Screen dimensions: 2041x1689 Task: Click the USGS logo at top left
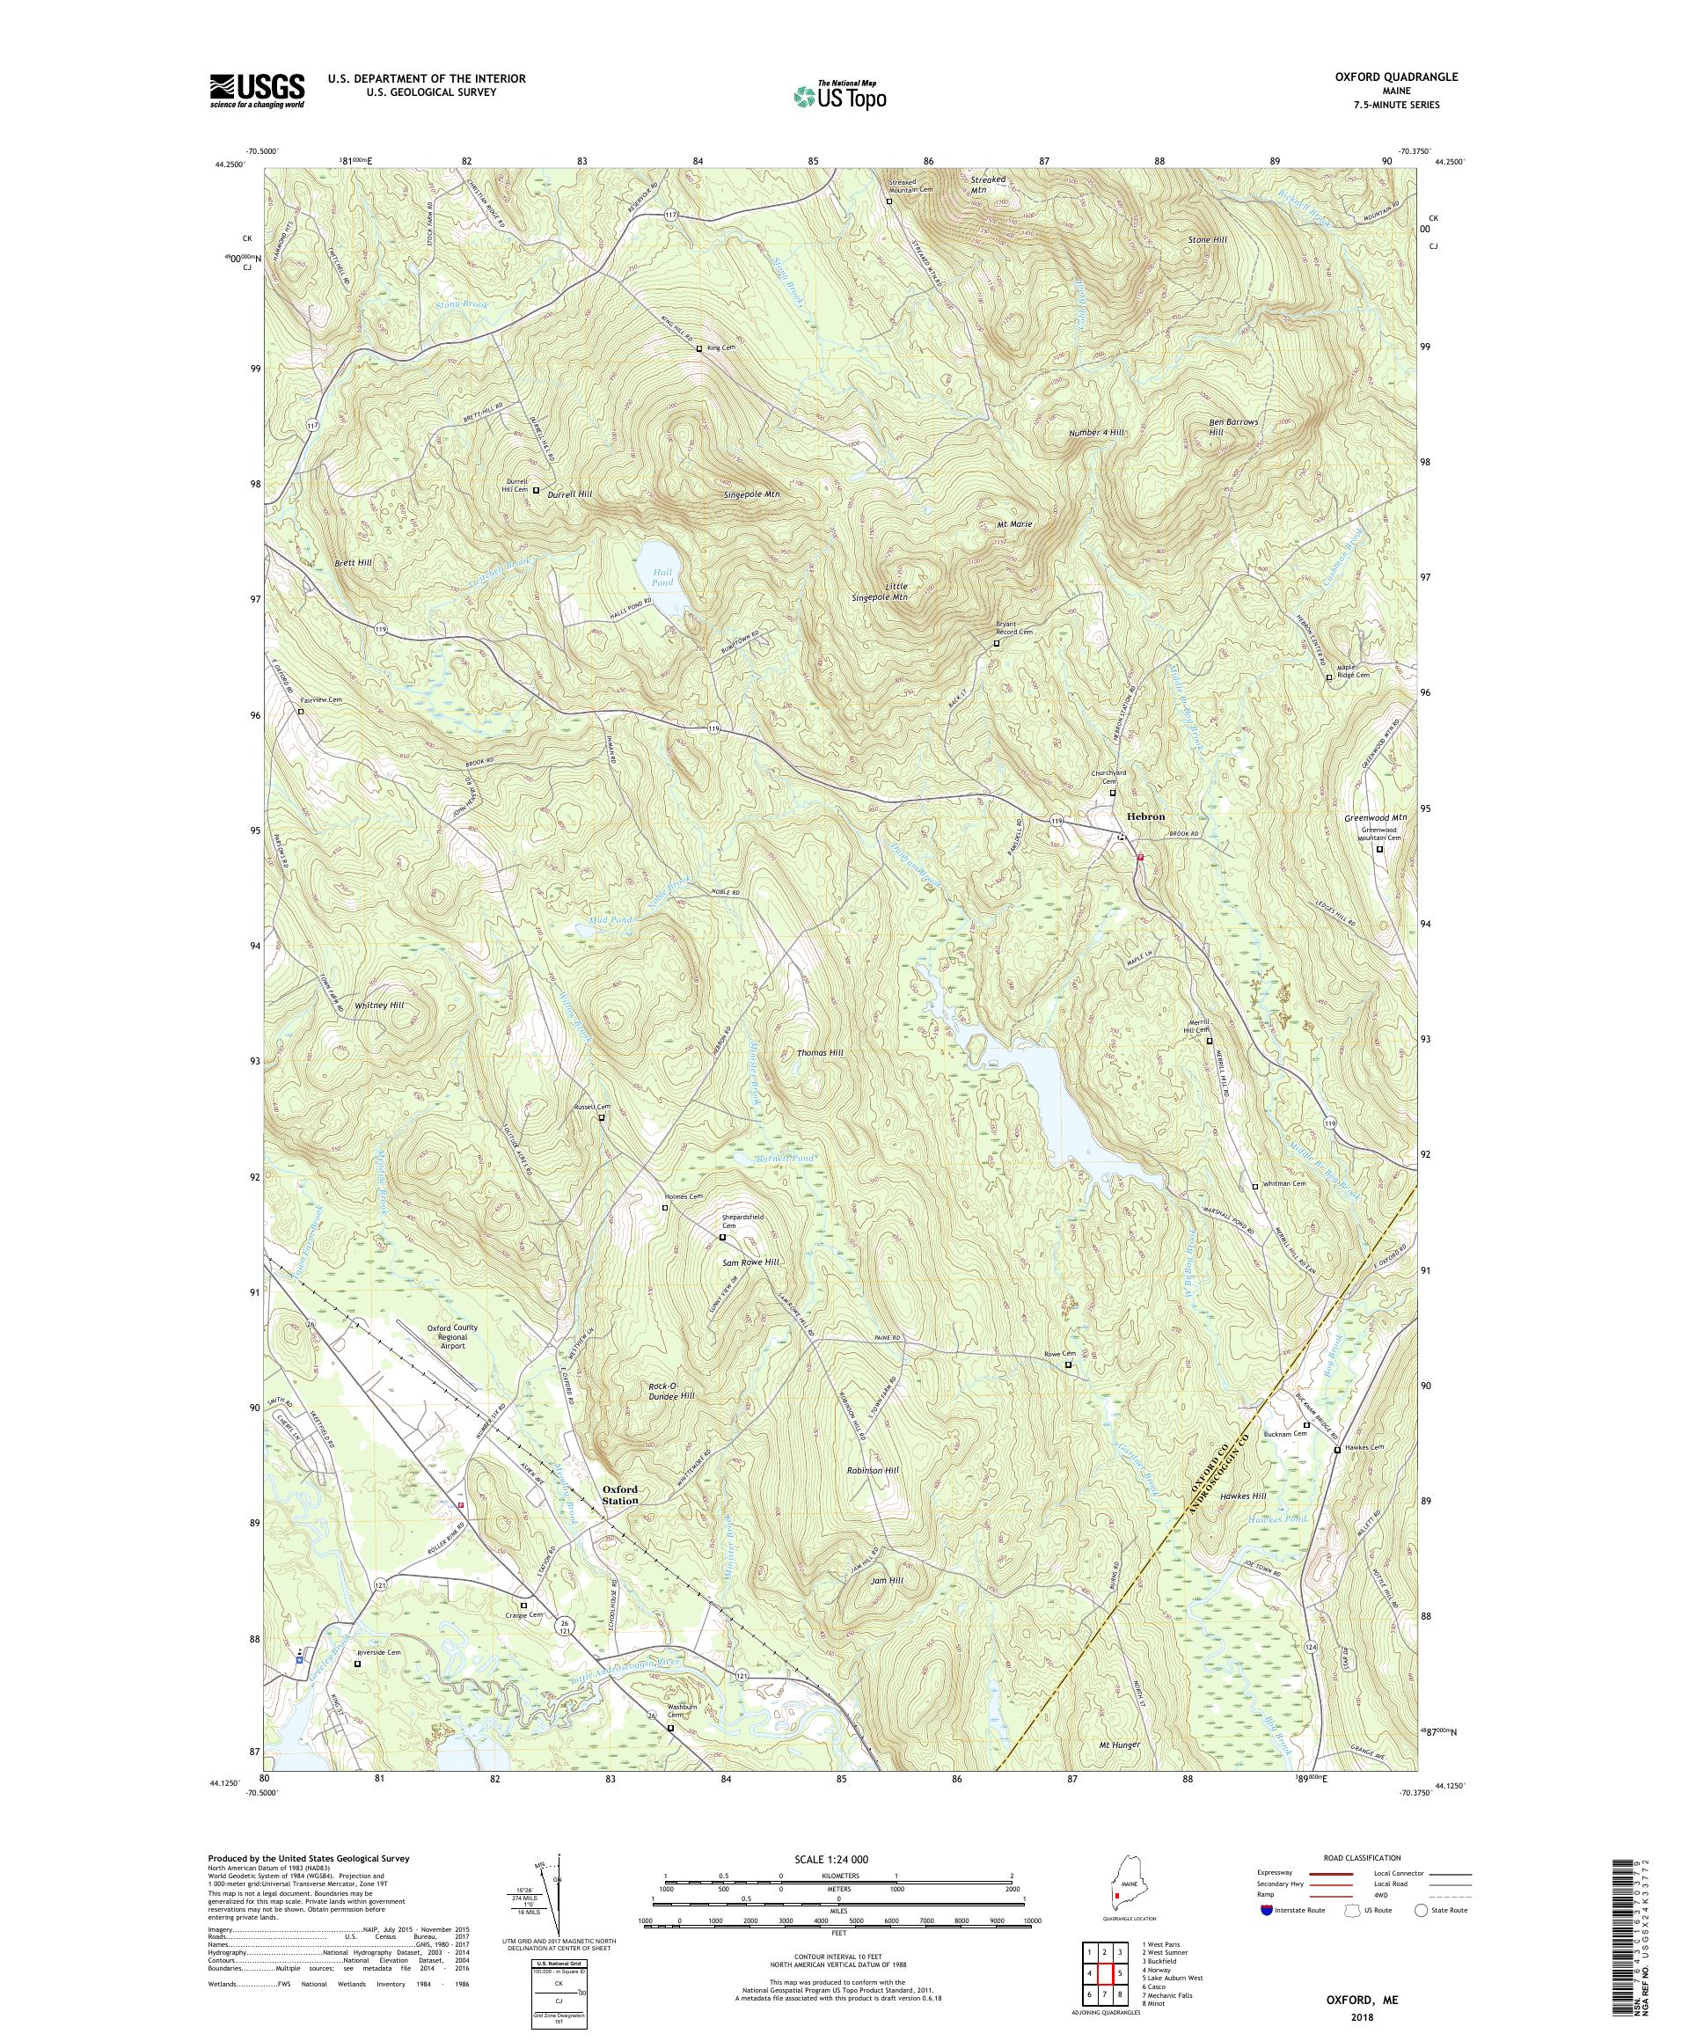[x=258, y=91]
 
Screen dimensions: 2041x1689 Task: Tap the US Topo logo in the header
[x=841, y=95]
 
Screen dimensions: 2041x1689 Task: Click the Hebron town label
[x=1144, y=816]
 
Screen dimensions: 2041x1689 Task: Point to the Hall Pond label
[x=662, y=577]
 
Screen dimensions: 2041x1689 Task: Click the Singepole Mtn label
[x=752, y=494]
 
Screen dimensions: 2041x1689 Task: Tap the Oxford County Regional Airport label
[x=452, y=1337]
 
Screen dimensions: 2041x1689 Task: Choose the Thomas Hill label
[x=820, y=1052]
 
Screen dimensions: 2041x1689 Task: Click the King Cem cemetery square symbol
[x=698, y=348]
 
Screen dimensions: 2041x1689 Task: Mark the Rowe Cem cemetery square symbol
[x=1068, y=1365]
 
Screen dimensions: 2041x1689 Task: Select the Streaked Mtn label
[x=988, y=185]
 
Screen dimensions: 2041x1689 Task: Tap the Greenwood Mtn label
[x=1376, y=817]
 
